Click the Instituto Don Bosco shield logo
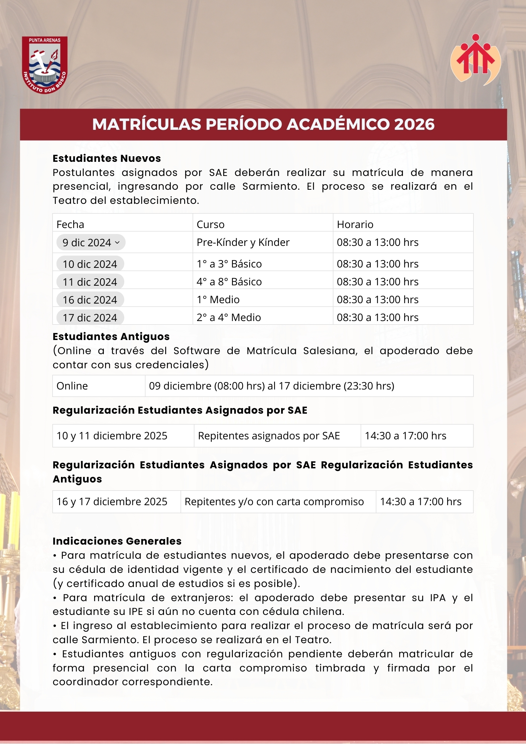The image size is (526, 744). pos(45,65)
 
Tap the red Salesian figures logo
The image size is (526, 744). pos(475,60)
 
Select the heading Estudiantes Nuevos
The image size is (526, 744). pos(107,158)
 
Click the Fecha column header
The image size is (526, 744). pos(70,224)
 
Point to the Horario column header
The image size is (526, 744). pos(355,224)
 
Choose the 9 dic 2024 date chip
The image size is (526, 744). pos(87,243)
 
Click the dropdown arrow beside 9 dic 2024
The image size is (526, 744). pos(118,243)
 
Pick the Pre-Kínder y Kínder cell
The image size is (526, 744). pos(243,242)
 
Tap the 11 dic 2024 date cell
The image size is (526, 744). pos(90,282)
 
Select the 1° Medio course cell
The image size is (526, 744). pos(218,299)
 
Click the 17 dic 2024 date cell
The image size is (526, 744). pos(90,318)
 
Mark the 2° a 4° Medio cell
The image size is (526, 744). pos(229,317)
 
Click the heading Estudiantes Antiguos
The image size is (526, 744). pos(111,337)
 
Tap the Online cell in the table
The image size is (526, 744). pos(72,386)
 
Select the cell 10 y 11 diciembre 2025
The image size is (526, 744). pos(112,436)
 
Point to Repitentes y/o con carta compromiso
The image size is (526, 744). pos(274,501)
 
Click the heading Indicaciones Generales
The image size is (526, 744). pos(117,541)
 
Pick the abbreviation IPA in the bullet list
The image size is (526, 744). pos(437,598)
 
